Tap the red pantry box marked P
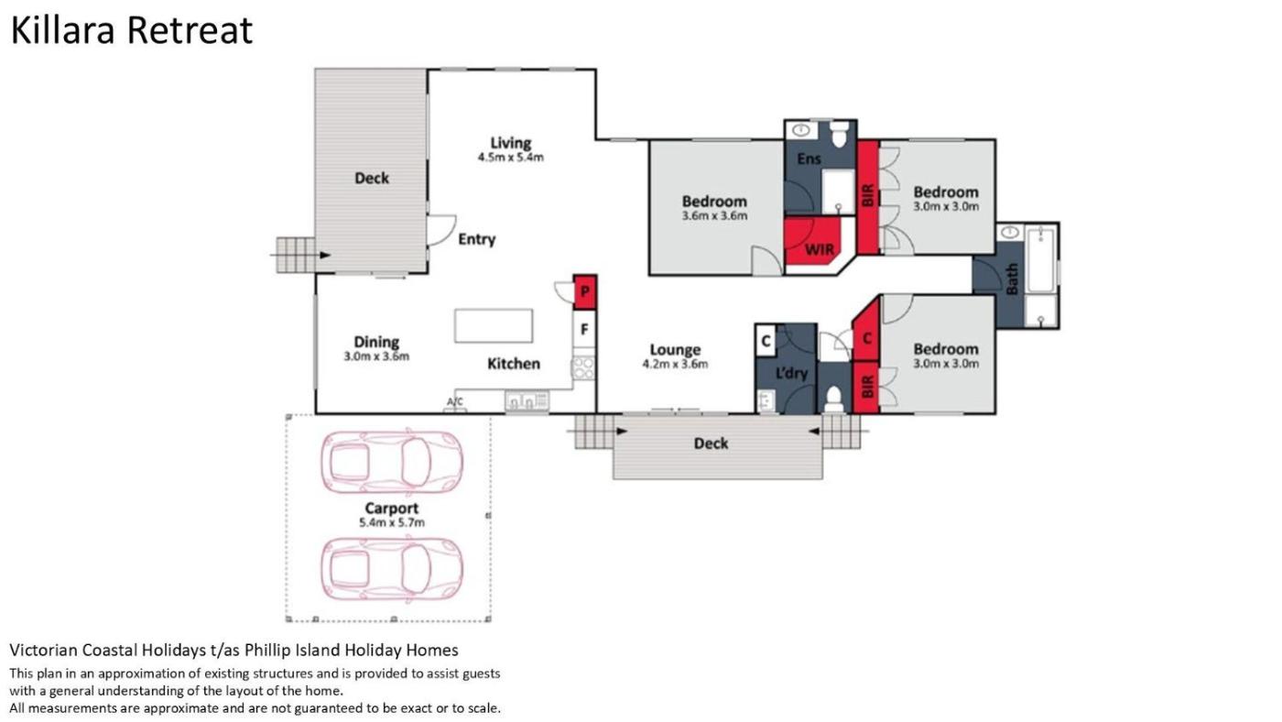point(585,292)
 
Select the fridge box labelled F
point(584,329)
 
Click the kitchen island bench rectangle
point(494,326)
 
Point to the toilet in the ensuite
point(839,134)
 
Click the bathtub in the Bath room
point(1041,259)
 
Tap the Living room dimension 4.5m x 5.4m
point(511,157)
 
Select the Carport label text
point(392,508)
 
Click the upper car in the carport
point(392,462)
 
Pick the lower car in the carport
point(392,569)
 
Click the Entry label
point(477,239)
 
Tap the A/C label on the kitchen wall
point(455,401)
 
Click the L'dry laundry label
point(791,373)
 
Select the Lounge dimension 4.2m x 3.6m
point(676,364)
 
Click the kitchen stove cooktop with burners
point(584,367)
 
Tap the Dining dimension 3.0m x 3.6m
point(376,356)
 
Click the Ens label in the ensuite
point(809,159)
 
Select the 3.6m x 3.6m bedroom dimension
point(715,216)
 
